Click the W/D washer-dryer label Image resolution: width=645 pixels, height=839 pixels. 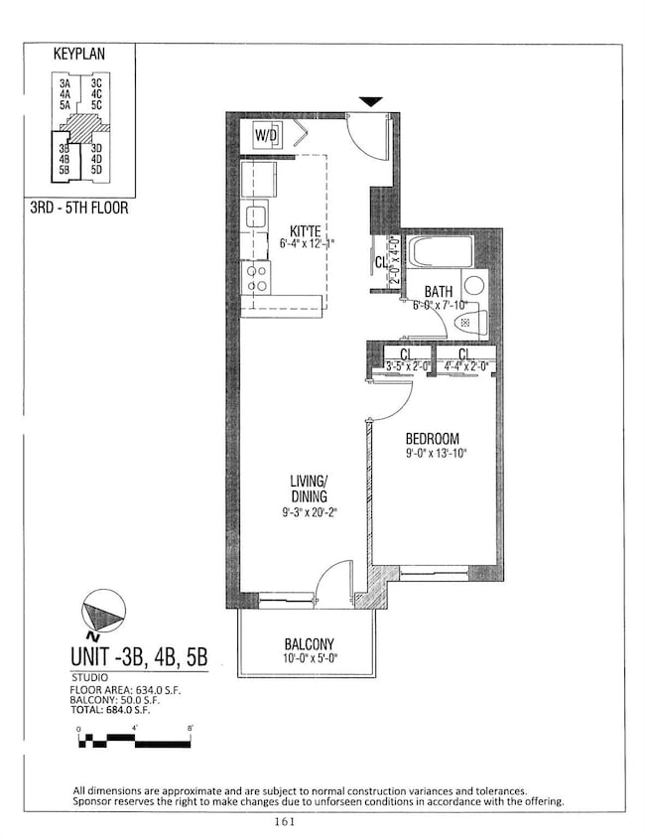point(266,135)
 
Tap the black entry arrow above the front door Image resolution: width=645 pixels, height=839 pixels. point(370,101)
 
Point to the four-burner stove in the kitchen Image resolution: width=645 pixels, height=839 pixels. point(256,277)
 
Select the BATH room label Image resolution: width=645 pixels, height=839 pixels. point(439,292)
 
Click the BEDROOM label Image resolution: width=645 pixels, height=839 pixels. point(432,438)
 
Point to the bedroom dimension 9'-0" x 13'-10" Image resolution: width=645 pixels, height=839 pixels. point(436,454)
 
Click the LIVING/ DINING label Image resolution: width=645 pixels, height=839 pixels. point(304,489)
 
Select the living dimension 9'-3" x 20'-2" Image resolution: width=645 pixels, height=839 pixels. point(306,513)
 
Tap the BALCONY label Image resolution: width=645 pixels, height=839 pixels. point(308,642)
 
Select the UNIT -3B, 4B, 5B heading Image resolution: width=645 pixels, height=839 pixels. point(139,656)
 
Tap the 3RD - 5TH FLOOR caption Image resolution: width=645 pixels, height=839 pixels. point(79,209)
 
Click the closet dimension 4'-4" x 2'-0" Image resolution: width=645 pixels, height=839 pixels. point(465,366)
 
